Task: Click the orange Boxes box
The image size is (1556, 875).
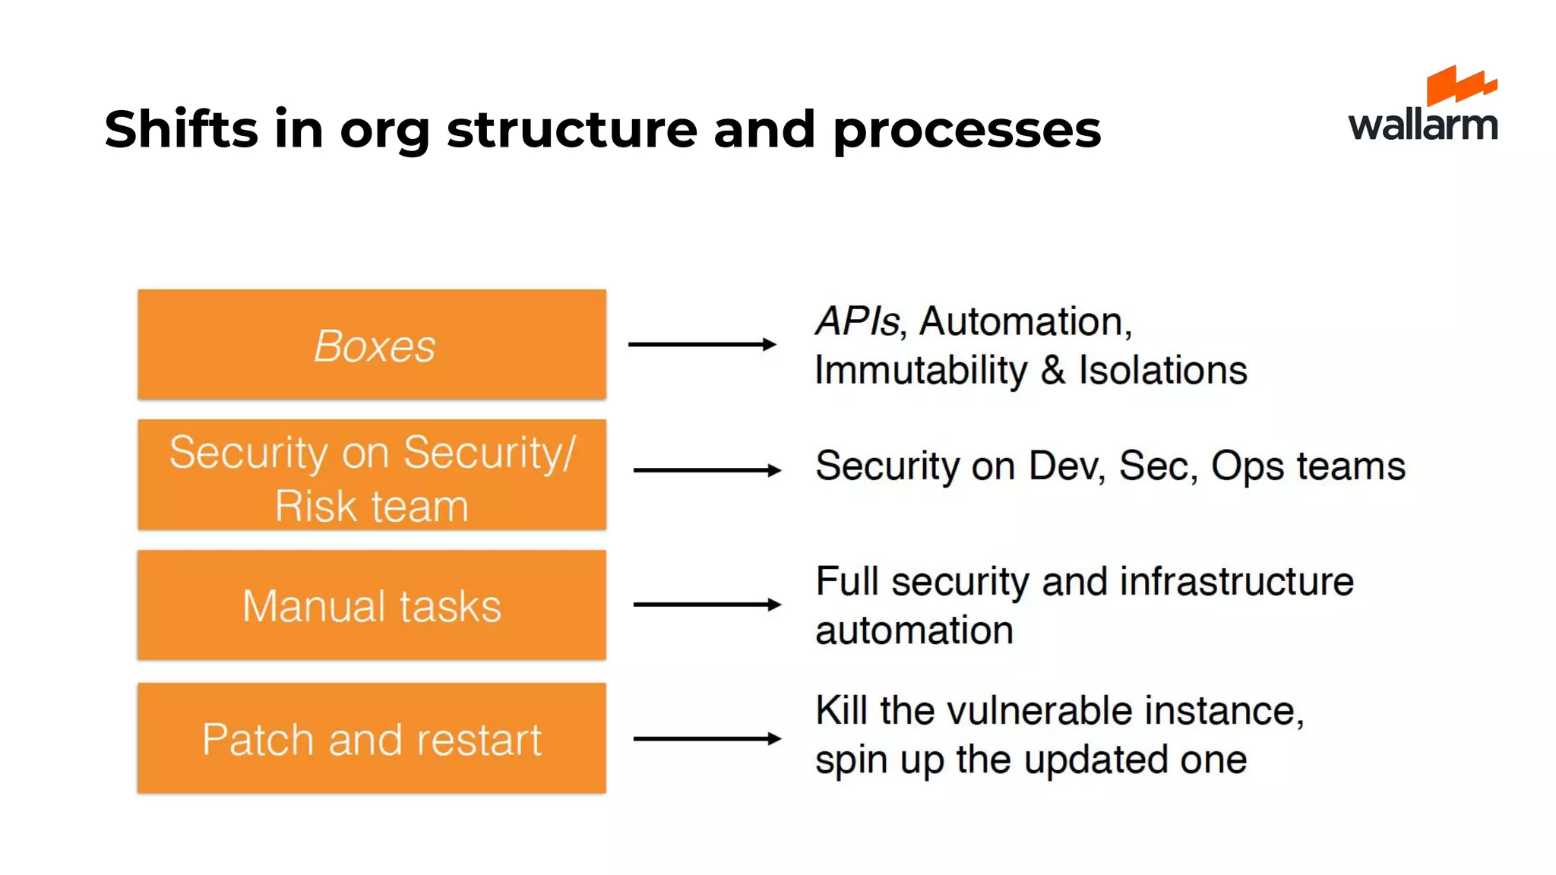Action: coord(372,344)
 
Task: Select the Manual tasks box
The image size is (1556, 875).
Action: coord(372,605)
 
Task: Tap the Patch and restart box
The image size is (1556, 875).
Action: coord(372,738)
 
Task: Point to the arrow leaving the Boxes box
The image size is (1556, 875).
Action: coord(701,344)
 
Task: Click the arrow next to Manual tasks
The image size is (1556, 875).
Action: coord(707,605)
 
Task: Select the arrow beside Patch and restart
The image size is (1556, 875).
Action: coord(707,738)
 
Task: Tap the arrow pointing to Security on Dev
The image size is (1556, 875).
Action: coord(707,470)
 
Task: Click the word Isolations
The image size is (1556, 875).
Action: coord(1162,371)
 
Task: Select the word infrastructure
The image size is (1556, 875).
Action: coord(1236,582)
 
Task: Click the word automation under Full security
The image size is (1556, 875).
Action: coord(914,630)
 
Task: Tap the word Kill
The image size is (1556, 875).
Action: coord(841,711)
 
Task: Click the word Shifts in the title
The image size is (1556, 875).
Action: coord(181,129)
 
